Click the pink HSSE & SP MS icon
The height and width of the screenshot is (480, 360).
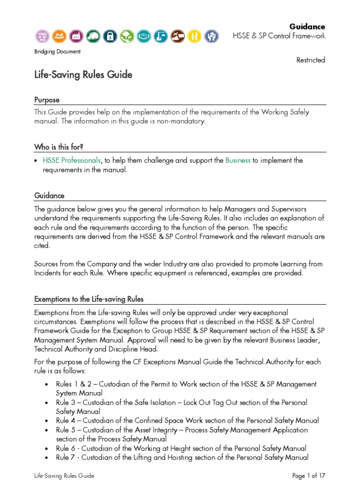tap(43, 36)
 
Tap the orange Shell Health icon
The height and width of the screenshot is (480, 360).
tap(59, 36)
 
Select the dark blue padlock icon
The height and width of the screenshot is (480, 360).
tap(109, 36)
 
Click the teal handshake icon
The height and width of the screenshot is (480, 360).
tap(143, 36)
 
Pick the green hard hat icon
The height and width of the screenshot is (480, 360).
tap(92, 36)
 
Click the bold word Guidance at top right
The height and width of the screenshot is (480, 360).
tap(307, 27)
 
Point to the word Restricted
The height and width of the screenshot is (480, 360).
tap(310, 60)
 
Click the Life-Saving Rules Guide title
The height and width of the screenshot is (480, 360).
tap(83, 75)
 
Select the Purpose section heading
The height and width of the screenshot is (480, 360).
tap(47, 100)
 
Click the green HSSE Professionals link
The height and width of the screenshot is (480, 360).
tap(71, 160)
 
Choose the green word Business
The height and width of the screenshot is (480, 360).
tap(238, 160)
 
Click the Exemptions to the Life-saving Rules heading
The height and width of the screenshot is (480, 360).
tap(89, 299)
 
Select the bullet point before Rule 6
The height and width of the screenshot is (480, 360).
tap(46, 448)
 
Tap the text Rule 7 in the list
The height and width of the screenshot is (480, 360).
tap(65, 457)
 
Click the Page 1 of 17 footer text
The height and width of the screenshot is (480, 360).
tap(308, 475)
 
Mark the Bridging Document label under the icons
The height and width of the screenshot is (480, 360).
tap(57, 52)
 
